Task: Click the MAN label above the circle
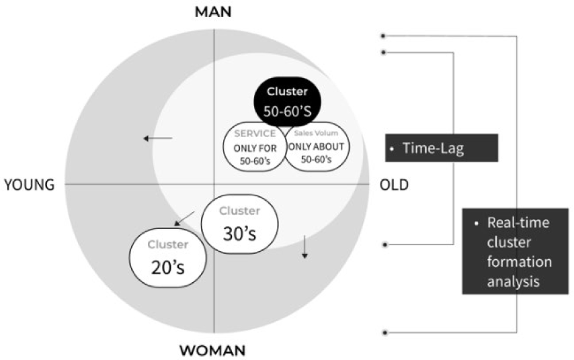(214, 11)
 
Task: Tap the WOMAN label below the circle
(212, 350)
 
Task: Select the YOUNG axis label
(29, 185)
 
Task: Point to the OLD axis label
(394, 185)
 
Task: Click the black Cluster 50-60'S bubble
(286, 101)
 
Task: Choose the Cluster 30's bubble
(239, 224)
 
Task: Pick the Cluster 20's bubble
(166, 257)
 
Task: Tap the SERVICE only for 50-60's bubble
(254, 146)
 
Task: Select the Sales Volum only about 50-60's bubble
(316, 146)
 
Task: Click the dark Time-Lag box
(441, 148)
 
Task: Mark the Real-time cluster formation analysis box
(511, 251)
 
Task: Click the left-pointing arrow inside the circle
(158, 139)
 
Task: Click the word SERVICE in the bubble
(255, 133)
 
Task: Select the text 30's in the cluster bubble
(239, 232)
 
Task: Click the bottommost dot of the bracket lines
(384, 332)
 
